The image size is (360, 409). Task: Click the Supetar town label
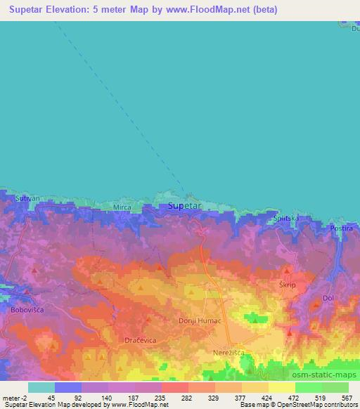click(x=185, y=206)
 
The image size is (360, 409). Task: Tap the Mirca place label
click(x=122, y=207)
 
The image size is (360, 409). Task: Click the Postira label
click(x=342, y=228)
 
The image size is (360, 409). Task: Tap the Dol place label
click(x=328, y=297)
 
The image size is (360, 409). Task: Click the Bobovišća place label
click(x=27, y=309)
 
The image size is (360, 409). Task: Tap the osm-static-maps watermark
click(x=320, y=374)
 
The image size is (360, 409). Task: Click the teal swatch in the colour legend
click(x=41, y=387)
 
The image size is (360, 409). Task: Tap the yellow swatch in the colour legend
click(x=282, y=387)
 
